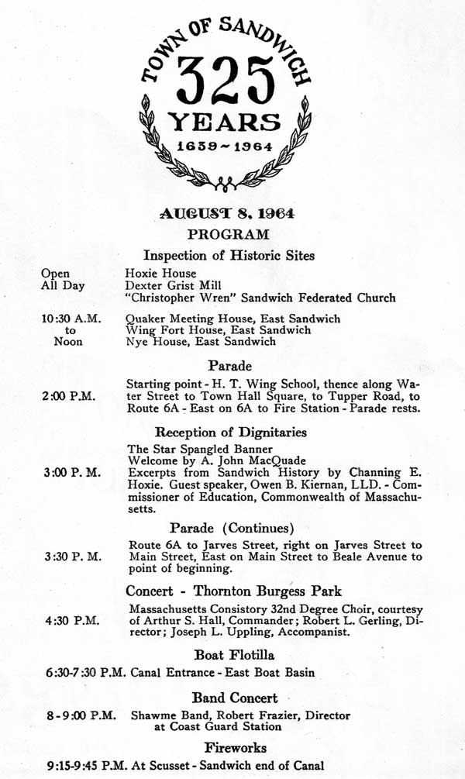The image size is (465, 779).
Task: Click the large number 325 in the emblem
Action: pos(227,84)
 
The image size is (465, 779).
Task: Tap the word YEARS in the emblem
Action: pos(227,122)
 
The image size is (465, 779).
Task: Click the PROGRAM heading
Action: pos(228,234)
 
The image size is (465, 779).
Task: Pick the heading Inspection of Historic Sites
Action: pos(229,255)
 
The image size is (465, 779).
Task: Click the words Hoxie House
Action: pos(160,274)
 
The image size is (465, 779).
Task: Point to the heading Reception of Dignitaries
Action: pos(230,432)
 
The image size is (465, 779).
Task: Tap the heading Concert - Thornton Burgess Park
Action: pos(233,591)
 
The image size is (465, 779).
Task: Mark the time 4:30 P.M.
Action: pos(70,621)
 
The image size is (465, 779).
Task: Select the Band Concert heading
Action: pos(235,698)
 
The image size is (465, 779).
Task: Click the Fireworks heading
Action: pos(236,748)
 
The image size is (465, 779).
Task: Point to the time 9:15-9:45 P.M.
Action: pos(80,766)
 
